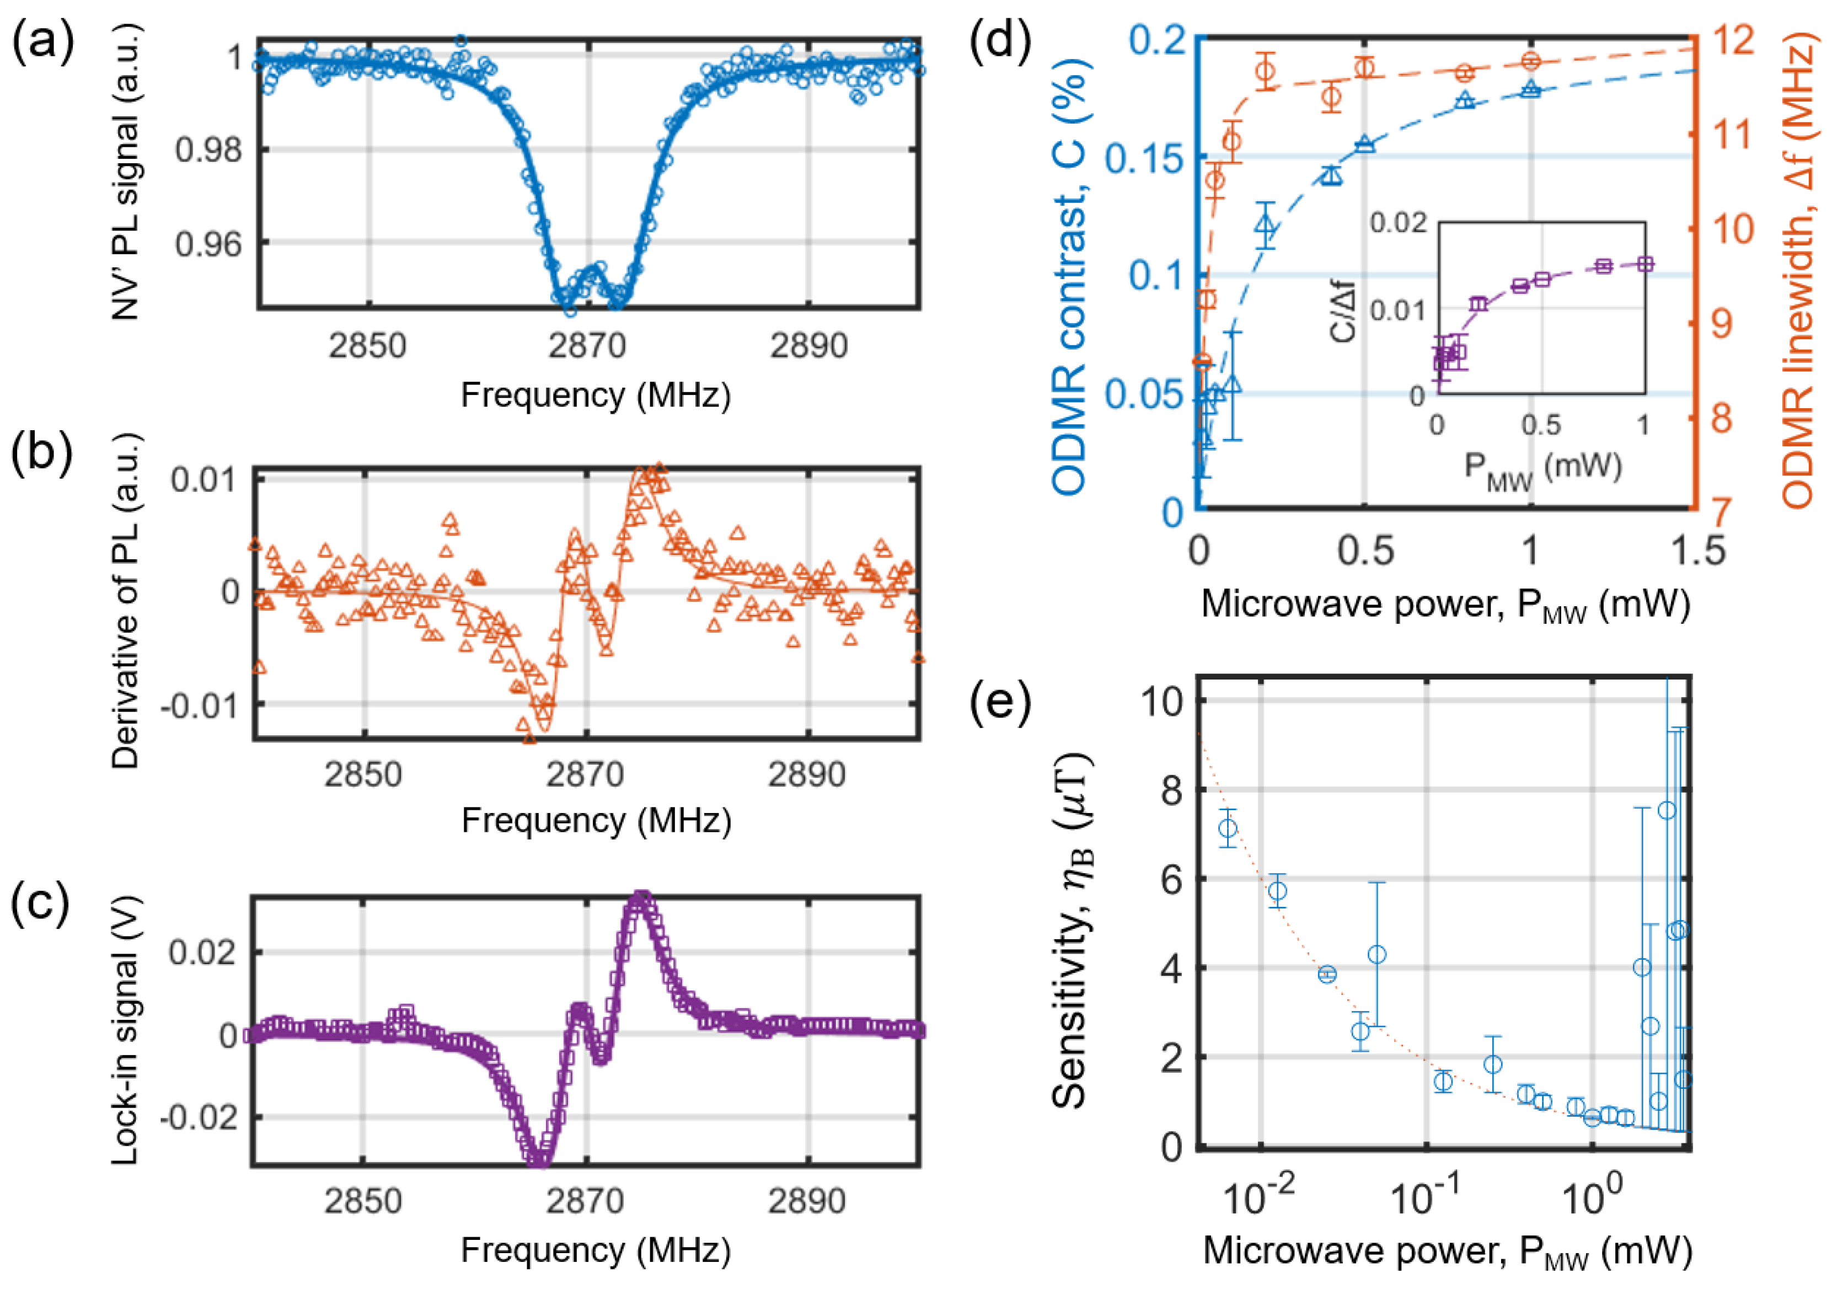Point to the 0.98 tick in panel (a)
click(x=207, y=149)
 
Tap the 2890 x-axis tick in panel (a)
click(x=808, y=346)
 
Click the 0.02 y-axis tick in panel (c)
click(x=203, y=952)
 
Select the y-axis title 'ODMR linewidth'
click(x=1797, y=271)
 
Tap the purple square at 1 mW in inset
click(x=1644, y=264)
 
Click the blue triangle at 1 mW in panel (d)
click(x=1530, y=89)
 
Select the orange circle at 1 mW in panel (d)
click(x=1530, y=61)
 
